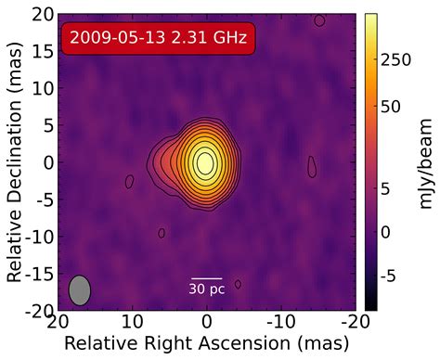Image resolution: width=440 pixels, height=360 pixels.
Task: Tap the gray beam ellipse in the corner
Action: point(80,289)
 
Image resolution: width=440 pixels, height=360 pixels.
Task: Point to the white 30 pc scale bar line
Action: point(206,277)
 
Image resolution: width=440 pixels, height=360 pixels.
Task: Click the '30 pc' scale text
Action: point(206,289)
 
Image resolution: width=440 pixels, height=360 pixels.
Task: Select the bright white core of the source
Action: point(205,162)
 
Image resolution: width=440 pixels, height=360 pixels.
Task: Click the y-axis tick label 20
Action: point(41,15)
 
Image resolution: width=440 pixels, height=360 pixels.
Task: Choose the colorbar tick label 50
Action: point(393,107)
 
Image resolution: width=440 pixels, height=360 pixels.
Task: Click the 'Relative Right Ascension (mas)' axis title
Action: point(205,344)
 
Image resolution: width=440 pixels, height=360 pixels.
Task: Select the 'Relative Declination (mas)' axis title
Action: point(15,162)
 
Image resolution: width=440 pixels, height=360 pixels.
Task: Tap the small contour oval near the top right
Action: point(319,20)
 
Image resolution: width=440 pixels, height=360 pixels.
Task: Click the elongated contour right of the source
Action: point(312,166)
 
